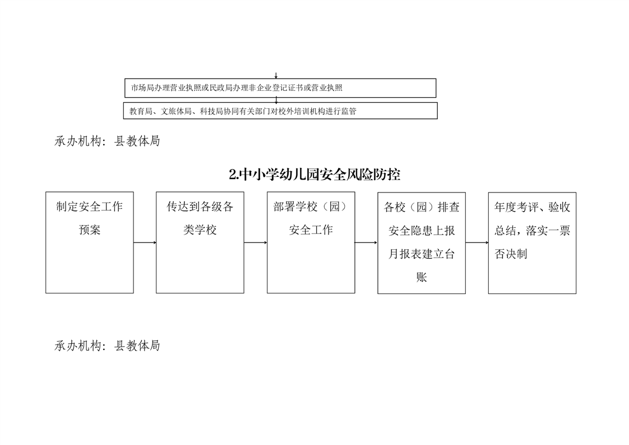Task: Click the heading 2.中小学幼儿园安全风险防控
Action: pyautogui.click(x=314, y=175)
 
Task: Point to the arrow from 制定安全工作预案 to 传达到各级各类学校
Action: pyautogui.click(x=145, y=242)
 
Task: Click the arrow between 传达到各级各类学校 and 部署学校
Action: pyautogui.click(x=256, y=242)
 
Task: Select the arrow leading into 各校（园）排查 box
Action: pyautogui.click(x=366, y=242)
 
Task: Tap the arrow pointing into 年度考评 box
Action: pyautogui.click(x=477, y=242)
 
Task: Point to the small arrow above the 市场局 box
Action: pyautogui.click(x=276, y=76)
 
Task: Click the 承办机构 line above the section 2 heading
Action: pyautogui.click(x=107, y=141)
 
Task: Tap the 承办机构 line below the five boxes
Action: pyautogui.click(x=107, y=346)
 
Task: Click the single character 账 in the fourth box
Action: pyautogui.click(x=422, y=277)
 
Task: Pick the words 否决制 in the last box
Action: pyautogui.click(x=511, y=254)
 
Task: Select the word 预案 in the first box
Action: pyautogui.click(x=90, y=230)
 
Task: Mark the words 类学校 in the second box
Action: pyautogui.click(x=200, y=230)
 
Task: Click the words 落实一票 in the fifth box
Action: pyautogui.click(x=548, y=231)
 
